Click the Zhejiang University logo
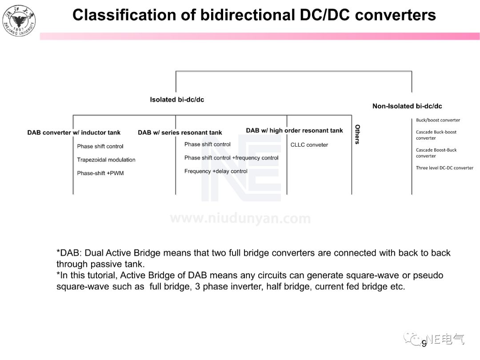[19, 20]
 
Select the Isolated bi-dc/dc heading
[177, 100]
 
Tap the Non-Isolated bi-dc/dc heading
[407, 106]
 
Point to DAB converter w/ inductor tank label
[74, 132]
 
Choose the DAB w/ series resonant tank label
[180, 132]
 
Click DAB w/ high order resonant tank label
[294, 130]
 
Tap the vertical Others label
[357, 134]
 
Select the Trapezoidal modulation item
[106, 160]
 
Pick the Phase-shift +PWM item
[100, 173]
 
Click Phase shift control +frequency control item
[231, 158]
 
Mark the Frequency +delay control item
[216, 171]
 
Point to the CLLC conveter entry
[309, 144]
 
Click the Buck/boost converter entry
[438, 120]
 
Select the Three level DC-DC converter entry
[444, 168]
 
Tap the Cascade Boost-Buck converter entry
[436, 153]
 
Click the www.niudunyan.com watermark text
[240, 219]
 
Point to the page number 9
[424, 343]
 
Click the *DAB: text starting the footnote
[69, 253]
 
